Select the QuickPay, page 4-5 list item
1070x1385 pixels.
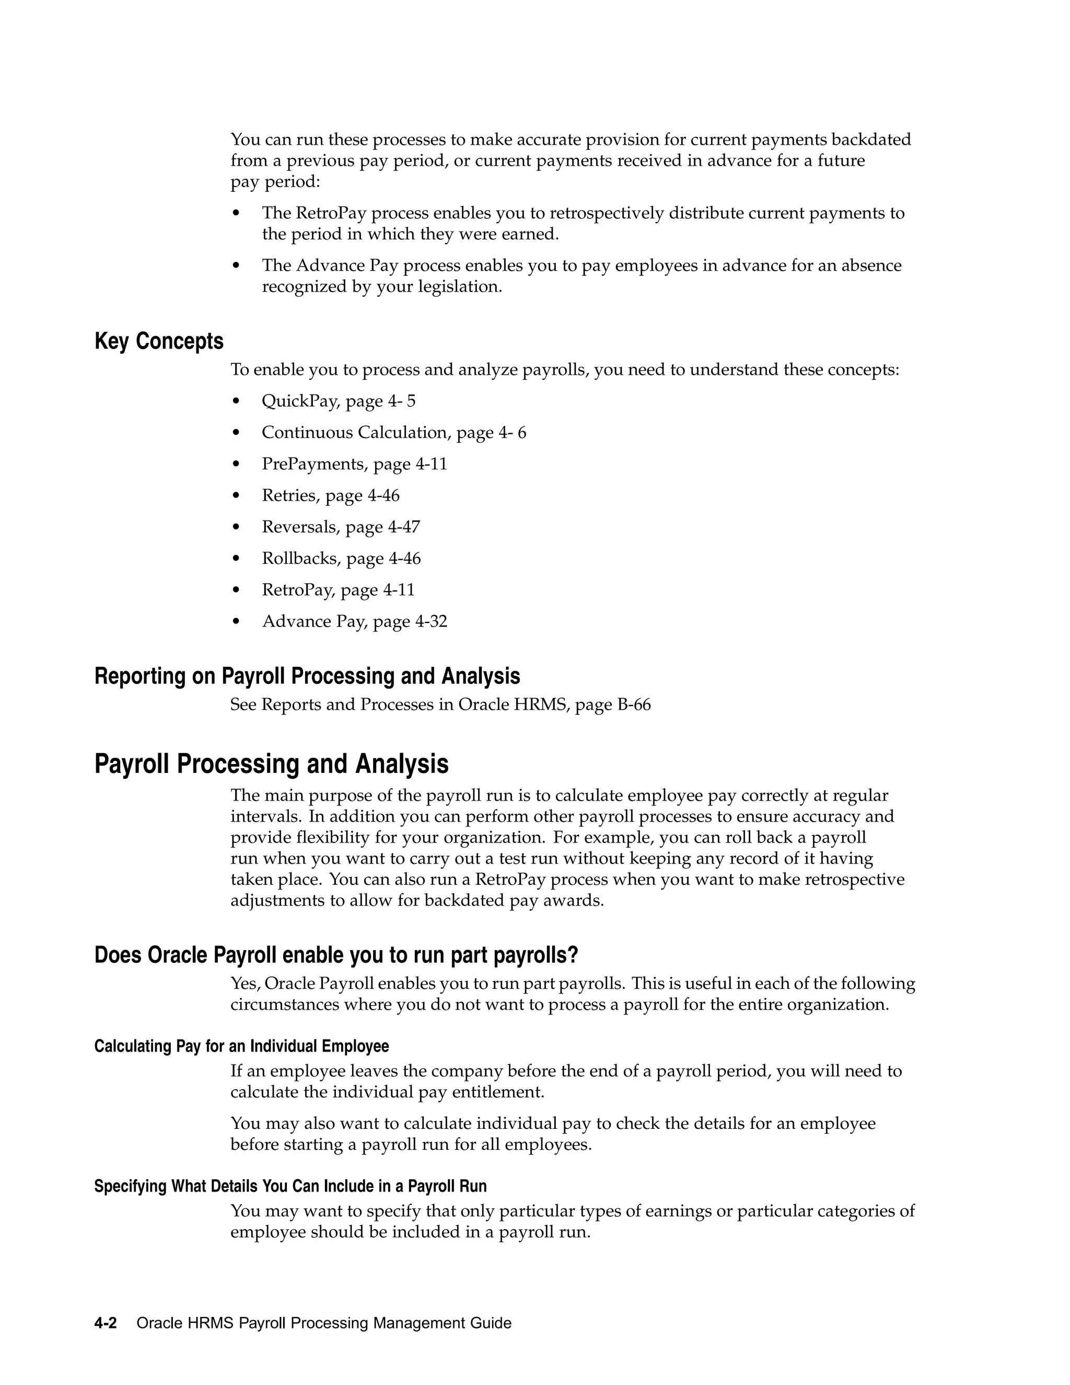339,401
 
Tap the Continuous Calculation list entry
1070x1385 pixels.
393,433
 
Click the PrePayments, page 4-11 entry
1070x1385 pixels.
354,464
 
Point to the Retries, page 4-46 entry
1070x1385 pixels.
330,496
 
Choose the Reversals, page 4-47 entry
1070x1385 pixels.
341,527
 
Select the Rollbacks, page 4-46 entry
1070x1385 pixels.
341,559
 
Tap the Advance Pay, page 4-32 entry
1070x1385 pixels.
354,621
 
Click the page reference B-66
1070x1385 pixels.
633,705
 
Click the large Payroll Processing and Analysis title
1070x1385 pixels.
271,764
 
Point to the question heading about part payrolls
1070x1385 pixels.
336,955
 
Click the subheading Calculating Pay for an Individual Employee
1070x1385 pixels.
241,1046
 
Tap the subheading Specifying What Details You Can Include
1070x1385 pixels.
290,1186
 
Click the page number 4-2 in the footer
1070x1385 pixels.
105,1323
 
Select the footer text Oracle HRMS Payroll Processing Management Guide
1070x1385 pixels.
324,1323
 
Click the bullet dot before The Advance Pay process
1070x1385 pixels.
237,266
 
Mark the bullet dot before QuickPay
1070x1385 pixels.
237,401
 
